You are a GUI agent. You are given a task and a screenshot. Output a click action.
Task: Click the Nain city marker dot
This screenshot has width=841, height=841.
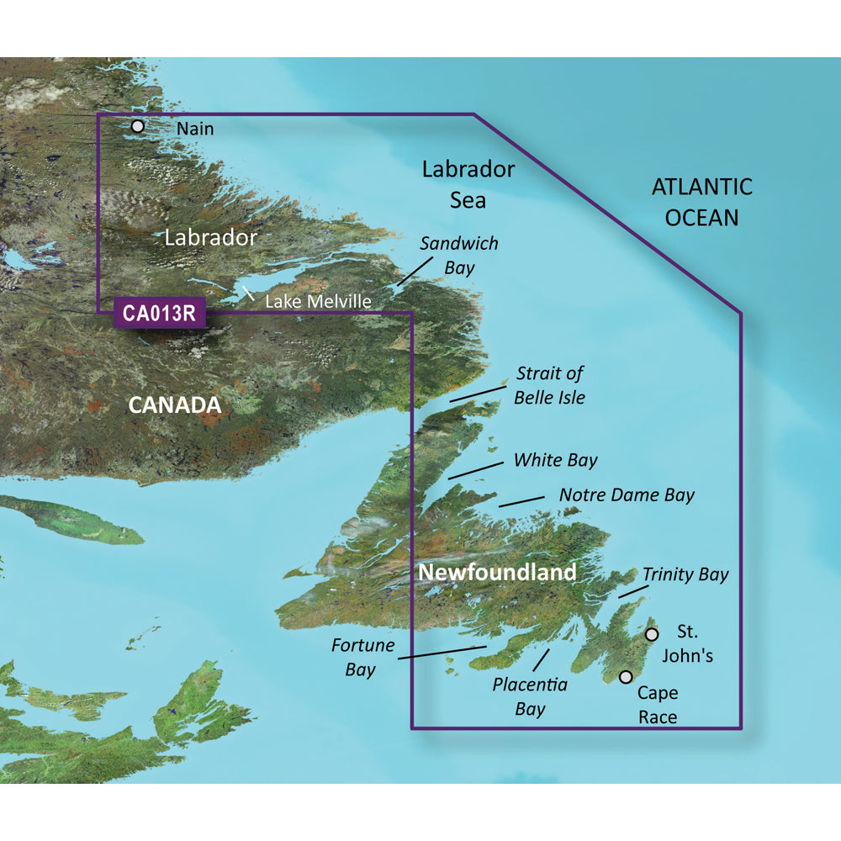[138, 127]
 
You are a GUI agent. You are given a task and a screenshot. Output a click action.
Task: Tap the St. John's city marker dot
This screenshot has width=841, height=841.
[651, 634]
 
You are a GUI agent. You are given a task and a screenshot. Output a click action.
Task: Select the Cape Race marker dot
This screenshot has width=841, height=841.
[626, 677]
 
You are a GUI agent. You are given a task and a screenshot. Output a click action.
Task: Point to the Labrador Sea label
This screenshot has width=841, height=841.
[468, 184]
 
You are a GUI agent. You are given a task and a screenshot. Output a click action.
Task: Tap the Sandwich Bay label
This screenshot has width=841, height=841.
[459, 256]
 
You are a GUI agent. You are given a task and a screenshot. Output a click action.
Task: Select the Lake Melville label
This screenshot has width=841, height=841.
[318, 300]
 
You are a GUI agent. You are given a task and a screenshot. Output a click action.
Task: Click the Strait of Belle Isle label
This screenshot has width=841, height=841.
[550, 384]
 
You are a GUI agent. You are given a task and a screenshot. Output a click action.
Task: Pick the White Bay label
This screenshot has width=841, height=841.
[555, 460]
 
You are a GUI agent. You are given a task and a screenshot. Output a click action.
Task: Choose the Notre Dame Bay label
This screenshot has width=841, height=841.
[627, 495]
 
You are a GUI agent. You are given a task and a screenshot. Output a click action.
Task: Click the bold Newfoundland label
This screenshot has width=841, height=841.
[497, 573]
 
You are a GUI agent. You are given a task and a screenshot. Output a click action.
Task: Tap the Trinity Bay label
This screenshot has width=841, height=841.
[685, 574]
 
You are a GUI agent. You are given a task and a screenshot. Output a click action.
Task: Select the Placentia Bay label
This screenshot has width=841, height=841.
[530, 696]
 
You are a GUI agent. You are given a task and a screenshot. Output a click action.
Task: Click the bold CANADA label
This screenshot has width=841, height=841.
[174, 405]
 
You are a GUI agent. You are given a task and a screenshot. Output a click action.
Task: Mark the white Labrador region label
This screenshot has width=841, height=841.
[210, 237]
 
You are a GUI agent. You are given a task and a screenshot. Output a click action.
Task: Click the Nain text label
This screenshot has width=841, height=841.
[195, 129]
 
